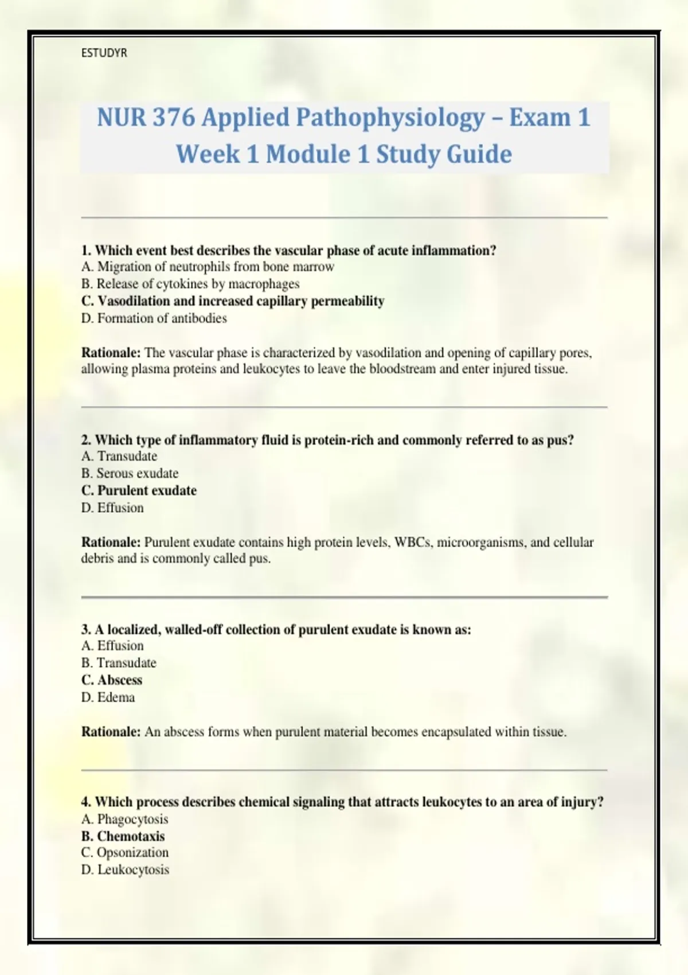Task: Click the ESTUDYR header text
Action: point(104,53)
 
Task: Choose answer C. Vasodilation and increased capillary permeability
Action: point(233,301)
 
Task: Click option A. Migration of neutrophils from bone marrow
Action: point(208,267)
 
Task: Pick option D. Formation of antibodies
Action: point(154,318)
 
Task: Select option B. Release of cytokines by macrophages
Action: point(190,284)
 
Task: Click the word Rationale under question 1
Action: point(111,353)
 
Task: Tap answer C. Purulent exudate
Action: point(139,490)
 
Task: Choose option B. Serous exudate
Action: point(130,473)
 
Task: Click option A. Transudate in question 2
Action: point(119,456)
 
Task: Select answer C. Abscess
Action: point(112,680)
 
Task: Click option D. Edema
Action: point(108,697)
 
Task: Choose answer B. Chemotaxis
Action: point(123,836)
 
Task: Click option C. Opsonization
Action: point(125,853)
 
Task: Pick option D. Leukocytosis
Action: point(125,870)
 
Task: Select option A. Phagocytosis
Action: point(124,819)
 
